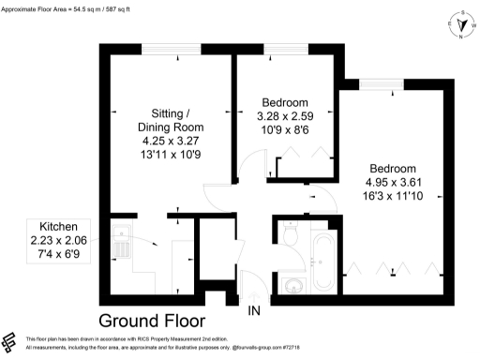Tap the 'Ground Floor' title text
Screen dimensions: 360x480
[x=164, y=318]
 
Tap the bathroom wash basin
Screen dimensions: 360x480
[x=292, y=282]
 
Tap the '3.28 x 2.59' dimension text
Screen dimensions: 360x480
[x=284, y=116]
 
